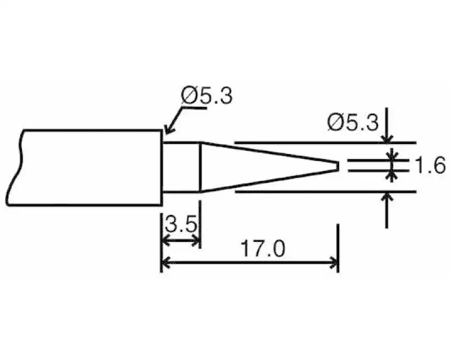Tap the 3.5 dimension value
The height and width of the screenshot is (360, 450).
pyautogui.click(x=181, y=226)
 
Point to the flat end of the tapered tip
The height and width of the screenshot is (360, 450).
pyautogui.click(x=338, y=166)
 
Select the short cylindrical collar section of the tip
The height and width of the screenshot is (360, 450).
pyautogui.click(x=182, y=168)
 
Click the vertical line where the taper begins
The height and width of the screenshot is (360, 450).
pyautogui.click(x=201, y=168)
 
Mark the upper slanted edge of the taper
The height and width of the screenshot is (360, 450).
pyautogui.click(x=270, y=153)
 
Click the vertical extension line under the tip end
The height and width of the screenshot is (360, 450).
pyautogui.click(x=338, y=242)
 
